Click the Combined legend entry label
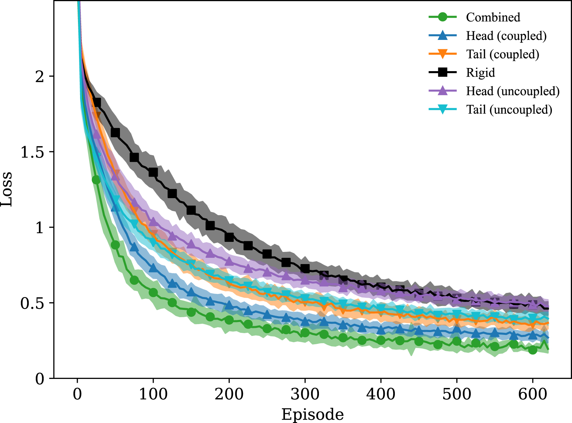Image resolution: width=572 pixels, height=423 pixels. click(493, 17)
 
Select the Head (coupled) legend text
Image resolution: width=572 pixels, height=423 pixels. click(506, 36)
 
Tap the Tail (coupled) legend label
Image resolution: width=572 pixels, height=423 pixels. click(502, 54)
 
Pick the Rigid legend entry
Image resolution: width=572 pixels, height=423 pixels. click(480, 73)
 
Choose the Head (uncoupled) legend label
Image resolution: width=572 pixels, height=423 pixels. click(512, 91)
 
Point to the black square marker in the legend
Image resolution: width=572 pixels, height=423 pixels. click(443, 72)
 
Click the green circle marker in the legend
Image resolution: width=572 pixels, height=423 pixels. click(443, 17)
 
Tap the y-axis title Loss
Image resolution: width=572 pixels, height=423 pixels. click(7, 189)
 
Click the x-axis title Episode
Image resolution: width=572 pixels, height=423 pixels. click(312, 414)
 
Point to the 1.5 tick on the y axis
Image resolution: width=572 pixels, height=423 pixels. click(33, 152)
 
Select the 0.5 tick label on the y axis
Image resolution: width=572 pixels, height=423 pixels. click(33, 303)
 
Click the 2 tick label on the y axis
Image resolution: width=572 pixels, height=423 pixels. click(40, 77)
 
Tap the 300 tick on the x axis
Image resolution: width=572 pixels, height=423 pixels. click(305, 394)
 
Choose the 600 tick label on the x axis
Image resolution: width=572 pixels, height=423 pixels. click(532, 394)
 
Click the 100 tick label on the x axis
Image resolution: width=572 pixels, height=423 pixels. click(153, 394)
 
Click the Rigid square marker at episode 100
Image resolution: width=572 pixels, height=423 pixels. click(153, 172)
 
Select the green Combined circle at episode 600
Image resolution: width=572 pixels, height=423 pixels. click(533, 350)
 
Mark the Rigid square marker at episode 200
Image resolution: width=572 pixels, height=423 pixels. click(229, 237)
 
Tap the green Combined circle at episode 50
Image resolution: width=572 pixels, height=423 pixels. click(115, 245)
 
